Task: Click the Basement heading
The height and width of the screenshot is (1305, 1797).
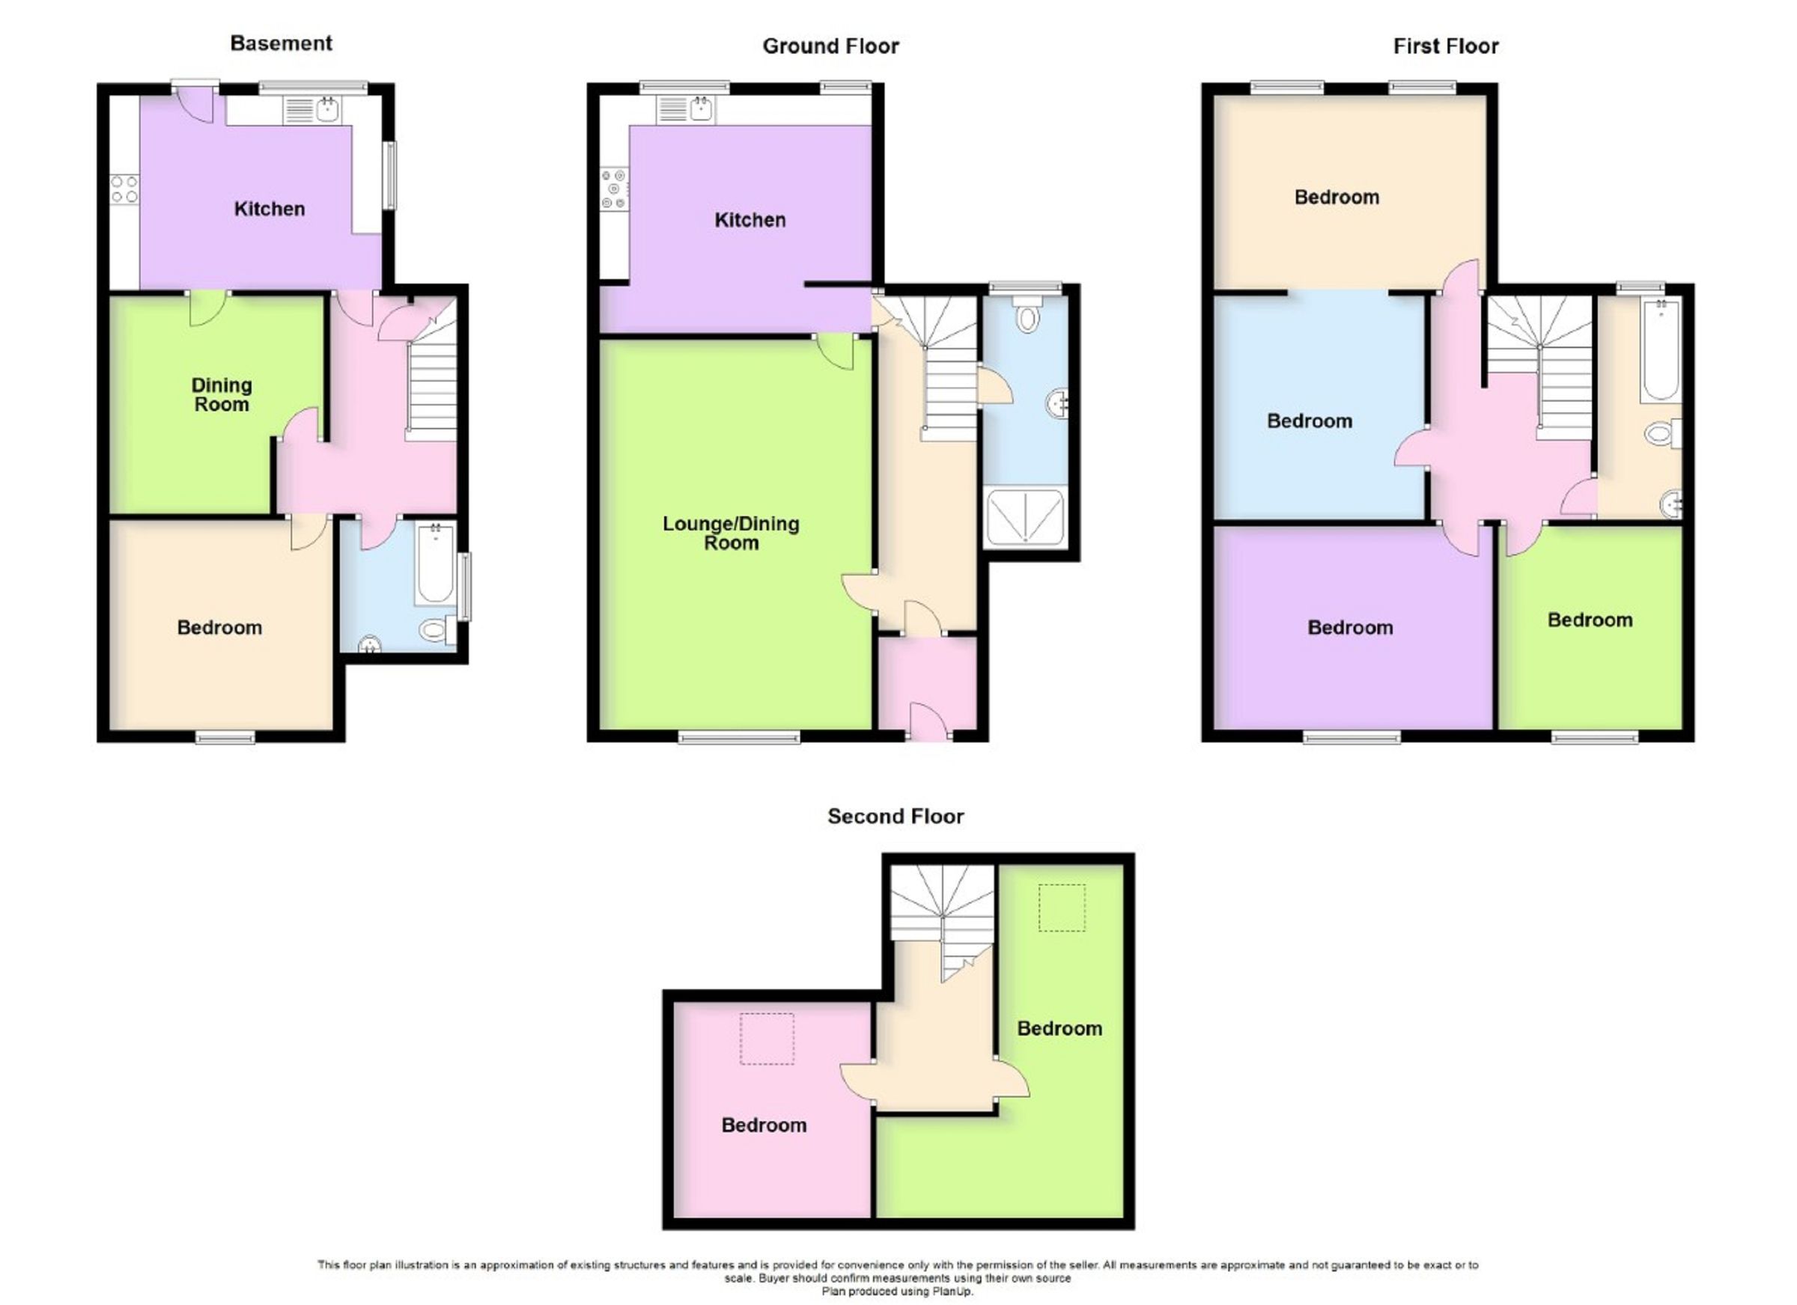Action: pyautogui.click(x=281, y=43)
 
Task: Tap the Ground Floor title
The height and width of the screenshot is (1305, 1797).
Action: pyautogui.click(x=830, y=46)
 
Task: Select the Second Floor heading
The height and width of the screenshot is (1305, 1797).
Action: pyautogui.click(x=896, y=816)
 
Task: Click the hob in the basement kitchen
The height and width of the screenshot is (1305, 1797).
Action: pyautogui.click(x=124, y=189)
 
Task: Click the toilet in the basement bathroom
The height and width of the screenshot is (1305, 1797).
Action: pyautogui.click(x=435, y=630)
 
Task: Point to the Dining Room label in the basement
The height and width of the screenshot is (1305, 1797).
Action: pyautogui.click(x=221, y=394)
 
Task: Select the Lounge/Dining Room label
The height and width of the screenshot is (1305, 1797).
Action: pyautogui.click(x=731, y=533)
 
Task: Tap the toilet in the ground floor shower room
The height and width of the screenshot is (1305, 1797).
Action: pyautogui.click(x=1027, y=315)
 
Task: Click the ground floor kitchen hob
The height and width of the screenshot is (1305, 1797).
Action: pyautogui.click(x=614, y=189)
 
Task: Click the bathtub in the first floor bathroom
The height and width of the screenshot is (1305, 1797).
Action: pyautogui.click(x=1660, y=349)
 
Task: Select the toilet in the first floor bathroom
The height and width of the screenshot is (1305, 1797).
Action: pyautogui.click(x=1662, y=434)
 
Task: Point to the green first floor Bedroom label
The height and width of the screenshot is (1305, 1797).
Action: pyautogui.click(x=1590, y=620)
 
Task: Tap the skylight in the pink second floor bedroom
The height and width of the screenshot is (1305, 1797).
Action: pyautogui.click(x=766, y=1038)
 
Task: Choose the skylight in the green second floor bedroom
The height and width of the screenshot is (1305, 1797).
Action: pyautogui.click(x=1061, y=908)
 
